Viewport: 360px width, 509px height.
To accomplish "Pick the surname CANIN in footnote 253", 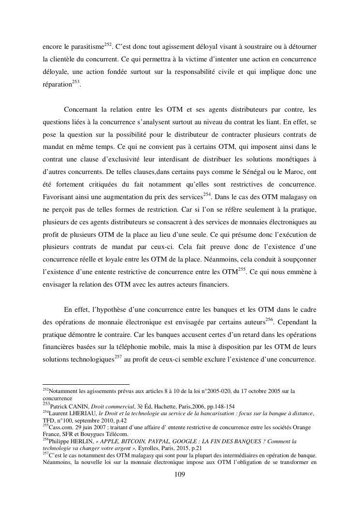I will pyautogui.click(x=73, y=406).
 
